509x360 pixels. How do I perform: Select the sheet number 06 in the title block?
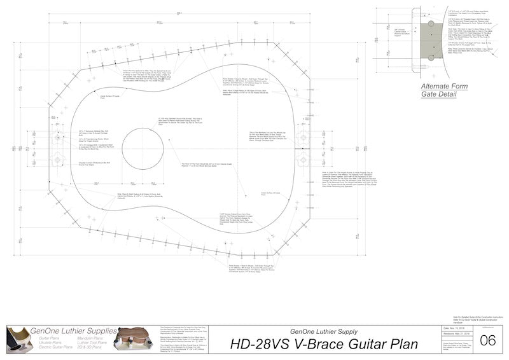pyautogui.click(x=487, y=340)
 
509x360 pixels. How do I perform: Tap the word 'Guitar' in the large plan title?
pyautogui.click(x=362, y=345)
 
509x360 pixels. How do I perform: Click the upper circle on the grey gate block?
pyautogui.click(x=431, y=24)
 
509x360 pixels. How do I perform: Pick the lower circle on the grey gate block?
pyautogui.click(x=431, y=57)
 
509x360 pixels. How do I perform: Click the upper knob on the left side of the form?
pyautogui.click(x=57, y=136)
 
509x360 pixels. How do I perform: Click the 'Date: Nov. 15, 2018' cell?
pyautogui.click(x=454, y=328)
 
